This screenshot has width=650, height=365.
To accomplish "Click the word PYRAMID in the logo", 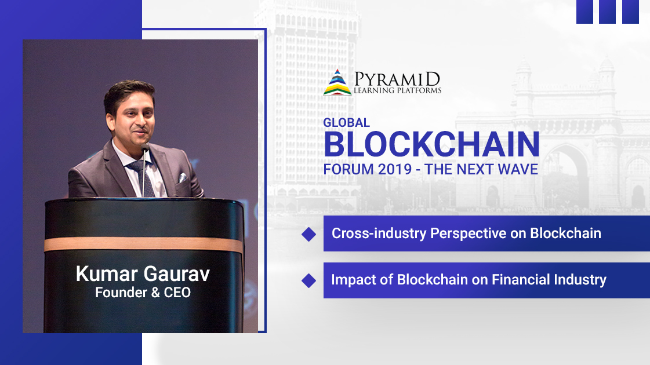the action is [397, 79].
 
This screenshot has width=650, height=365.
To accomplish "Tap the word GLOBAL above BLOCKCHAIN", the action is [347, 123].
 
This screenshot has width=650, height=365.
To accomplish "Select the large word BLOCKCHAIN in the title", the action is [431, 144].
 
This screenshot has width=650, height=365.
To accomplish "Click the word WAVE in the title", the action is [518, 169].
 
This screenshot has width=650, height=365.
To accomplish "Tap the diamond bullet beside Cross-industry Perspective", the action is [309, 234].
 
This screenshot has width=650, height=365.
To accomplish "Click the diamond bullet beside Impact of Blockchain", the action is [309, 280].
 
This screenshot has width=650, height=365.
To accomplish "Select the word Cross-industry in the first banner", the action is [379, 233].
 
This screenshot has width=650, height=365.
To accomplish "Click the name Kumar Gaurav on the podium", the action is [143, 274].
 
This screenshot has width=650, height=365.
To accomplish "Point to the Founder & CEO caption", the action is [143, 293].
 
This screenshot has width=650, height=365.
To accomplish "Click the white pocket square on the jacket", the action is [183, 178].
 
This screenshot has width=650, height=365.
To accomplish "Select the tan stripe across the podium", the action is [143, 244].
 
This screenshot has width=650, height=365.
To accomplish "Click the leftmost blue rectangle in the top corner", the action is [584, 12].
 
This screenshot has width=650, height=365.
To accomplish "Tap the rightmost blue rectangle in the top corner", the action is [630, 12].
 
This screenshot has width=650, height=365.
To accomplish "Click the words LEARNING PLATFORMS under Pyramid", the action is [398, 90].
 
